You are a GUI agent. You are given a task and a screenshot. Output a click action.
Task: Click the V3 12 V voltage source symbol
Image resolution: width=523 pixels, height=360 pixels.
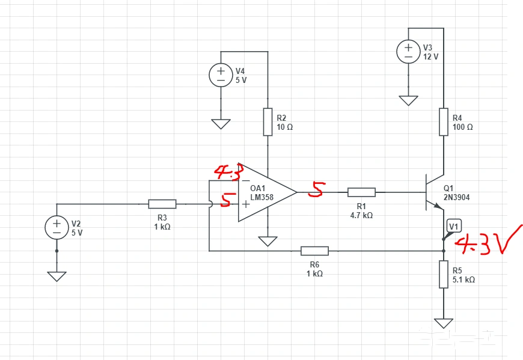[408, 52]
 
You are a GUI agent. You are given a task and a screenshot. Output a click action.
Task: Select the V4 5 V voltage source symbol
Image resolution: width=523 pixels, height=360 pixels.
[221, 75]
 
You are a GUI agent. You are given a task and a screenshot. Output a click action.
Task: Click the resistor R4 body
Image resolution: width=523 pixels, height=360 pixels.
[443, 122]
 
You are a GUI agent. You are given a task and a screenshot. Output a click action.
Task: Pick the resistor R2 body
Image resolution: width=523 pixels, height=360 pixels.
[268, 122]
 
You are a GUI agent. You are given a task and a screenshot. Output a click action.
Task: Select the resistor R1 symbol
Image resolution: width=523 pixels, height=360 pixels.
[361, 192]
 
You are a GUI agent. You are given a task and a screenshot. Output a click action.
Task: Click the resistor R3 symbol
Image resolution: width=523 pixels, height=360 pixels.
[162, 204]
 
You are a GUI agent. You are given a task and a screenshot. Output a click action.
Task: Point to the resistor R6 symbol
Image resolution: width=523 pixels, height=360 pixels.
[314, 251]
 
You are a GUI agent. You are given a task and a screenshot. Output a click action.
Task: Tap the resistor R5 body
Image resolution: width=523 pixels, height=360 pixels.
[443, 274]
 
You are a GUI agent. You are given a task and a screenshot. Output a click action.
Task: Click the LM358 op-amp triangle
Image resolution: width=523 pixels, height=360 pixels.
[265, 192]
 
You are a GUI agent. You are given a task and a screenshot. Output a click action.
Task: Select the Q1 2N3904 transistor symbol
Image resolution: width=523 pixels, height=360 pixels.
[434, 192]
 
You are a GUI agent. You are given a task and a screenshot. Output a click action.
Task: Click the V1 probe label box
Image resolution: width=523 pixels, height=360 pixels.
[454, 227]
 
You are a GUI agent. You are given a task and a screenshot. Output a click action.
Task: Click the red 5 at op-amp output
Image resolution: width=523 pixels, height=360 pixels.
[317, 190]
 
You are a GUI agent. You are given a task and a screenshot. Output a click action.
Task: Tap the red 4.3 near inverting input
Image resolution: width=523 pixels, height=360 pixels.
[228, 172]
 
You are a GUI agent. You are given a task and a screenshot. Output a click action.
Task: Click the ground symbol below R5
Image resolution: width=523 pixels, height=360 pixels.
[443, 323]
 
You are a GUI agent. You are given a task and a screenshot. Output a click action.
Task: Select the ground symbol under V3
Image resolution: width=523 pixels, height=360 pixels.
[408, 100]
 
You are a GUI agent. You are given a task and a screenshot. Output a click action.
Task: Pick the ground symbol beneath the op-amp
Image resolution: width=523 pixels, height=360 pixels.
[268, 241]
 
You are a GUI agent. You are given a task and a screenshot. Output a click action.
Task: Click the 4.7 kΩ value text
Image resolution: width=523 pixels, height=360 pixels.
[361, 215]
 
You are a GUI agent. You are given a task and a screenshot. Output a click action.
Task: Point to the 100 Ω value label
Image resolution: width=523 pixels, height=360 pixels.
[463, 127]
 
